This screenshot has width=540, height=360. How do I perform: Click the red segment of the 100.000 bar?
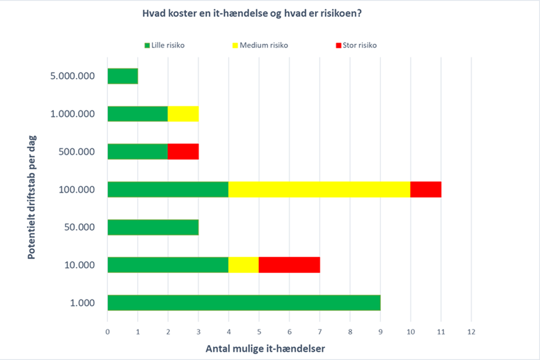click(426, 189)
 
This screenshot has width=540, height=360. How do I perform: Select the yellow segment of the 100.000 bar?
click(319, 189)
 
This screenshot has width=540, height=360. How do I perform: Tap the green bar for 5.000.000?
click(122, 76)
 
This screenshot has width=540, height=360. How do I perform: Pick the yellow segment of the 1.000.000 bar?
click(183, 114)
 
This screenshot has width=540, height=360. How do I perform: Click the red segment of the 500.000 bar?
click(183, 151)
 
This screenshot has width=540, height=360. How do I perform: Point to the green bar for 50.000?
click(152, 227)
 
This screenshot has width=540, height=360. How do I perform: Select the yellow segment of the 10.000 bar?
click(244, 265)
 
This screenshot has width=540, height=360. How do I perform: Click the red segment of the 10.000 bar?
click(289, 265)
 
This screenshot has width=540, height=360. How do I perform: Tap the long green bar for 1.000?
click(244, 302)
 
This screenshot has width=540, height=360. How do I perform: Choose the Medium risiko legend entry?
click(262, 46)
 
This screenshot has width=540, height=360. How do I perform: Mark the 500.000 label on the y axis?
click(77, 152)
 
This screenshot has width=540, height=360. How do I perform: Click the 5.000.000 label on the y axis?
click(73, 76)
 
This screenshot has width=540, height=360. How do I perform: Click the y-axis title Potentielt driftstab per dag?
click(31, 190)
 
